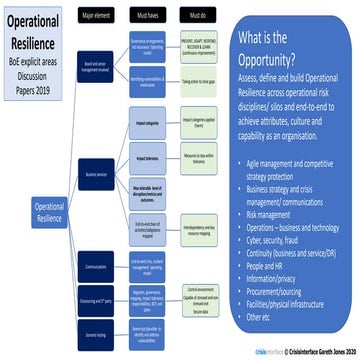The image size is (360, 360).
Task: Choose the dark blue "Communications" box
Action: click(x=96, y=269)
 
